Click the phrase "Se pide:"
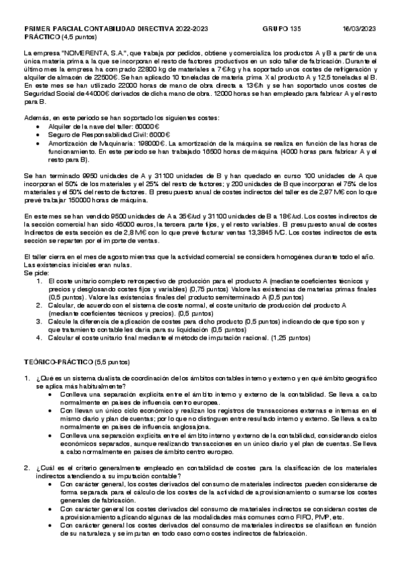[35, 273]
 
